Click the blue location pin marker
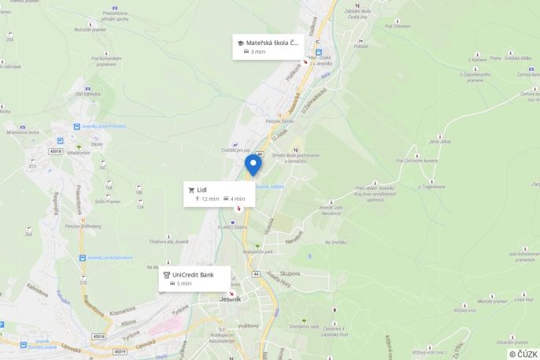[x=253, y=164]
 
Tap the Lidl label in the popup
[x=202, y=189]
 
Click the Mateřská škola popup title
[x=272, y=43]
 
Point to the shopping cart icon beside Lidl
[x=191, y=189]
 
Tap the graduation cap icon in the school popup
[x=240, y=43]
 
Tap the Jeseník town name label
[x=231, y=299]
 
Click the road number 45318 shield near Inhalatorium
[x=54, y=151]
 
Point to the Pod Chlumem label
[x=398, y=26]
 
